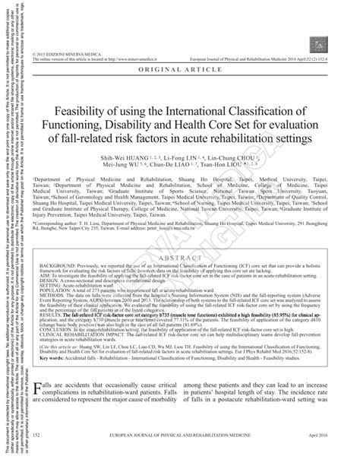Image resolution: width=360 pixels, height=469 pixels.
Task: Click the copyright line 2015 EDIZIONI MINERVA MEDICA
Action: pos(73,6)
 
